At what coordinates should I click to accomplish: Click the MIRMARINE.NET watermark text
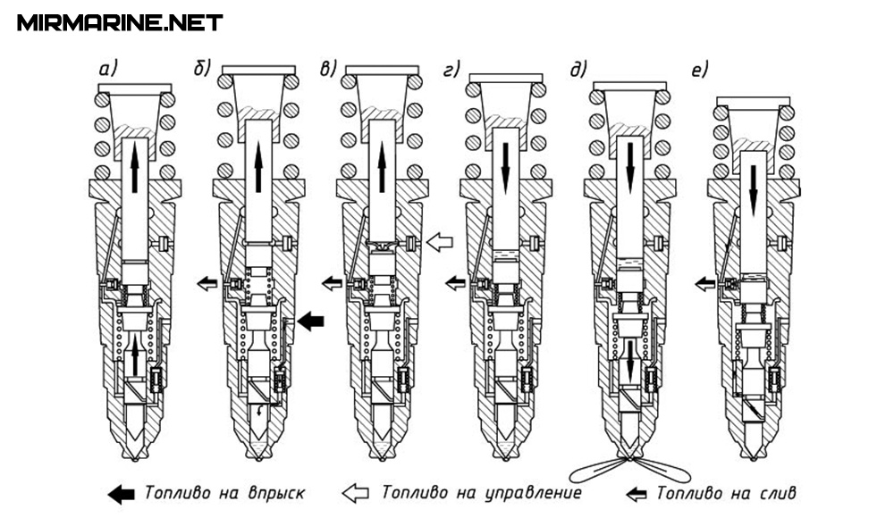pos(120,22)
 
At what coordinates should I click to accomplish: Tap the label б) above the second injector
pos(202,68)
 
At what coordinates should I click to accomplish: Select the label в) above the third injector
pos(328,68)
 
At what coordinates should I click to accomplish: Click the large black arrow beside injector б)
pos(312,321)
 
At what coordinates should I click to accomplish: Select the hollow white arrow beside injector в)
pos(441,240)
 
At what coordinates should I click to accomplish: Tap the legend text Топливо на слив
pos(726,493)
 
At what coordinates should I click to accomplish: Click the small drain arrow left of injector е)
pos(704,283)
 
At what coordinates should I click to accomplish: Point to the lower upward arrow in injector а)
pos(133,357)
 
